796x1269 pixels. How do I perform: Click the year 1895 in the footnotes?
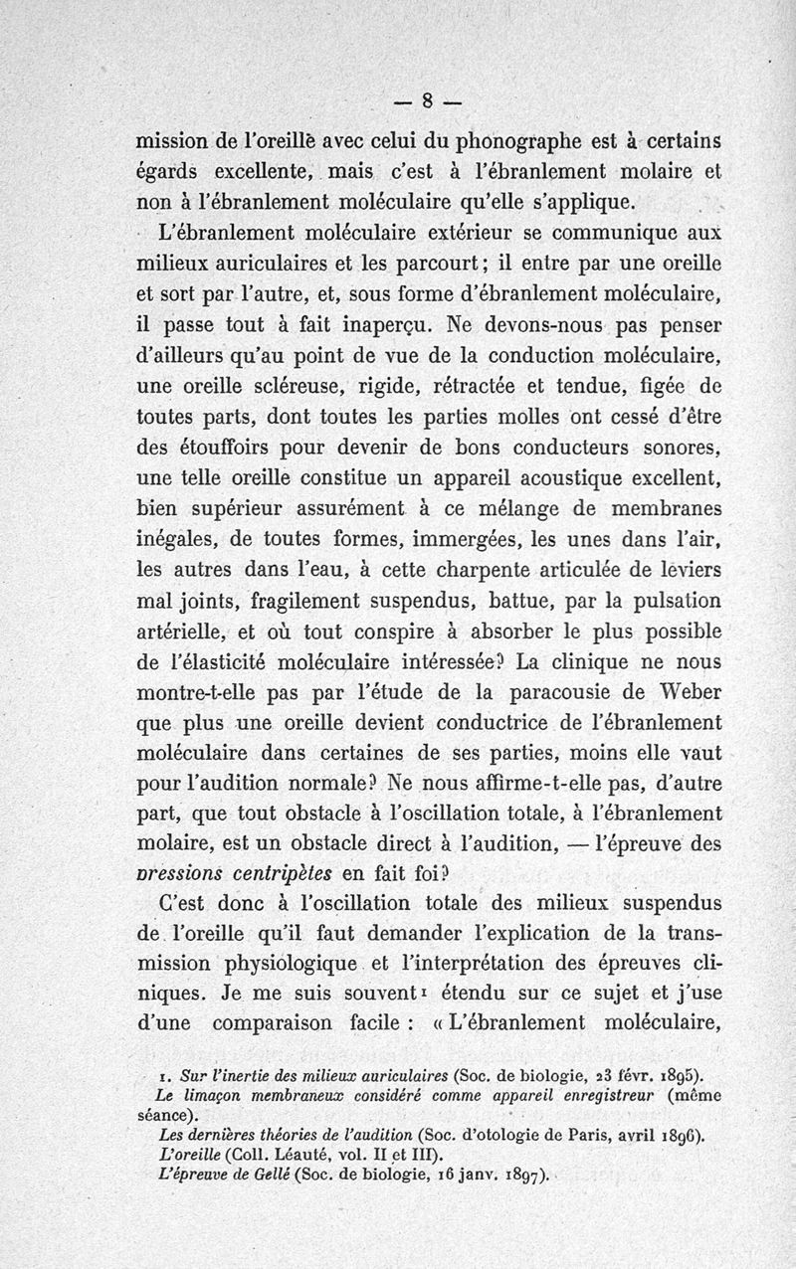pyautogui.click(x=679, y=1075)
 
